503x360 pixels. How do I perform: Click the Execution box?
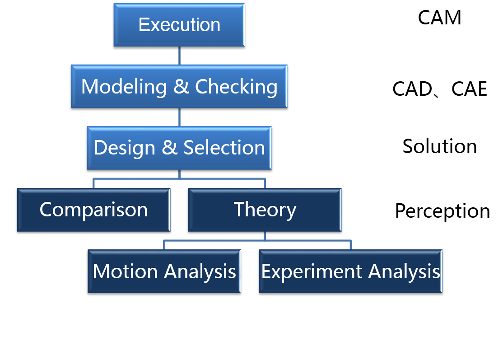pos(179,25)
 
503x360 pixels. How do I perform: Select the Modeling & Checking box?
pos(179,87)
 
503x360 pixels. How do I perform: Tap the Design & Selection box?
pos(179,148)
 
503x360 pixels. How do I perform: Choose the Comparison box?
pos(93,210)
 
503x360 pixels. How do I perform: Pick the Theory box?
pos(265,210)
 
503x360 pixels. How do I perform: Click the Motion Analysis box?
pos(164,271)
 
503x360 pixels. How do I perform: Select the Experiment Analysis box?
pos(351,271)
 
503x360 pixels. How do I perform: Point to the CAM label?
pos(439,17)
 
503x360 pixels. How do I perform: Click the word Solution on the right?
pos(439,146)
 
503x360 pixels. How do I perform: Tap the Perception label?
pos(442,211)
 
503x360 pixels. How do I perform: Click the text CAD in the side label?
pos(412,89)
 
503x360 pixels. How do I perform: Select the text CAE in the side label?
pos(469,89)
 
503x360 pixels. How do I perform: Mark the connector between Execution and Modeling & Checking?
pos(179,56)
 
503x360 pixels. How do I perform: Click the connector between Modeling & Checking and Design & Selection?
pos(179,117)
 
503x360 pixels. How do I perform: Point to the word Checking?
pos(237,87)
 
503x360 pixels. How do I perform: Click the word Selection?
pos(224,148)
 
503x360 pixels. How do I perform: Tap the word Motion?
pos(125,271)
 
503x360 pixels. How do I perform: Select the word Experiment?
pos(312,272)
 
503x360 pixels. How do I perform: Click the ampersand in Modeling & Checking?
pos(181,87)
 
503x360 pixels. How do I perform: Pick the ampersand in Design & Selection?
pos(169,148)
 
